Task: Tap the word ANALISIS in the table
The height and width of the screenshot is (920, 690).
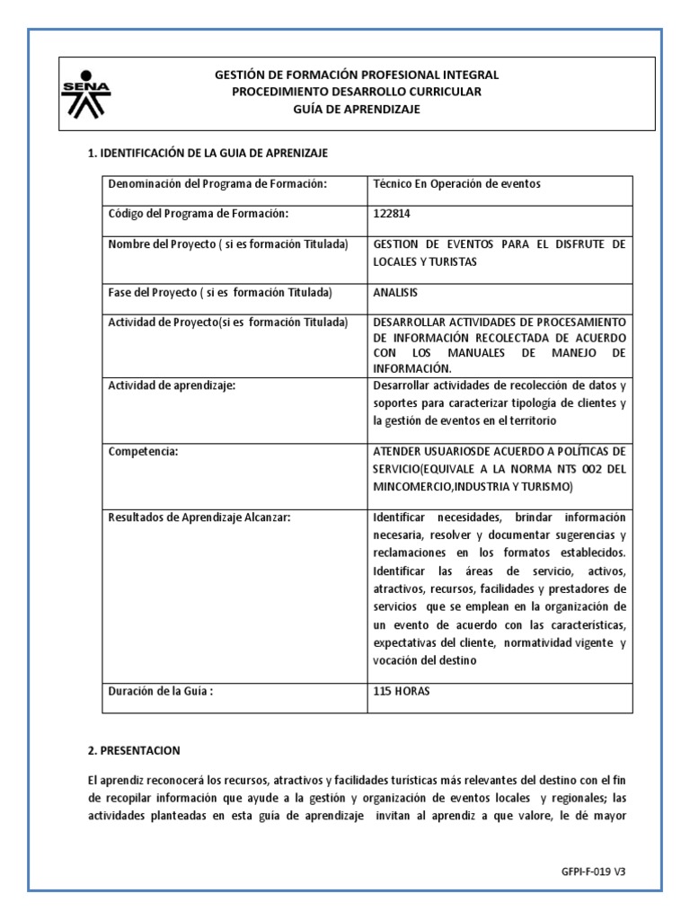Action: tap(395, 293)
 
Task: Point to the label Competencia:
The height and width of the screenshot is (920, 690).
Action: tap(143, 452)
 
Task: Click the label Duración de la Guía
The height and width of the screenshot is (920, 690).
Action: tap(161, 693)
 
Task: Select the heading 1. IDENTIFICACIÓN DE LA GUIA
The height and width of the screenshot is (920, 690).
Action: tap(208, 154)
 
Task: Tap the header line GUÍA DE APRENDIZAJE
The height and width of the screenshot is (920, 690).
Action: tap(357, 109)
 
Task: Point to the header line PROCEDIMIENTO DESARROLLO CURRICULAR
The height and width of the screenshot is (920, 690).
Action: tap(357, 92)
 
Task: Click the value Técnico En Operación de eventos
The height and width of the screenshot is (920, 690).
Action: tap(456, 184)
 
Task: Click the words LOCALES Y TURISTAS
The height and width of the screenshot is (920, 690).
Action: tap(425, 261)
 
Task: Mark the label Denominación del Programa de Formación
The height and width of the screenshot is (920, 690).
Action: tap(216, 184)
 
